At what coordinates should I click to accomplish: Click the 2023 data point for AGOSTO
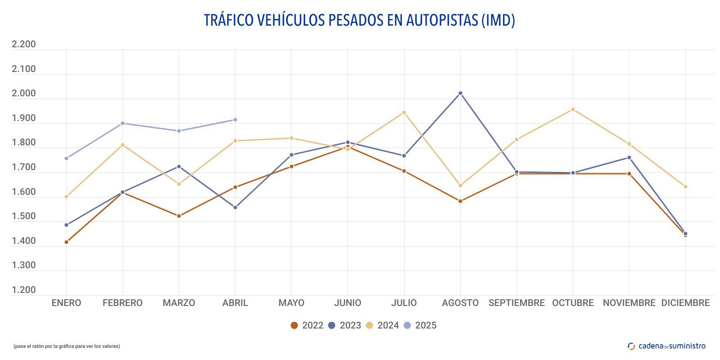point(460,93)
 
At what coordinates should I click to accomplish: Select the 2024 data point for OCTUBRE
point(573,109)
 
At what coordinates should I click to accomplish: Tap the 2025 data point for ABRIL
point(235,120)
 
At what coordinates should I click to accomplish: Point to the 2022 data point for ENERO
point(67,242)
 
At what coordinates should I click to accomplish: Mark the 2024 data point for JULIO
point(404,112)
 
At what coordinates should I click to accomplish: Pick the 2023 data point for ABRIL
point(235,207)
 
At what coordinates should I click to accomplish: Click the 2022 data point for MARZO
point(179,216)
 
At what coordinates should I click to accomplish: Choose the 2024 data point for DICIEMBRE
point(685,187)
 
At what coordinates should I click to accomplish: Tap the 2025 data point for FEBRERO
point(123,123)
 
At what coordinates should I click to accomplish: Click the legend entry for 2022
point(307,325)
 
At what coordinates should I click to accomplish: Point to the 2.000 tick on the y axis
point(23,94)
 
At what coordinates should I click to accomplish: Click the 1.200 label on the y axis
point(23,290)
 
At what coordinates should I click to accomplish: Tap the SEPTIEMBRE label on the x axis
point(517,303)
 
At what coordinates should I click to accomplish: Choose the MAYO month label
point(291,303)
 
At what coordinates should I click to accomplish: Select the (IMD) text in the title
point(498,20)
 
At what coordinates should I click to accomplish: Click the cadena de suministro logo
point(666,346)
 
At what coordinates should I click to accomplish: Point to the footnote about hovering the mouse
point(67,346)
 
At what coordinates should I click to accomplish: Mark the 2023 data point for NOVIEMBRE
point(629,157)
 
